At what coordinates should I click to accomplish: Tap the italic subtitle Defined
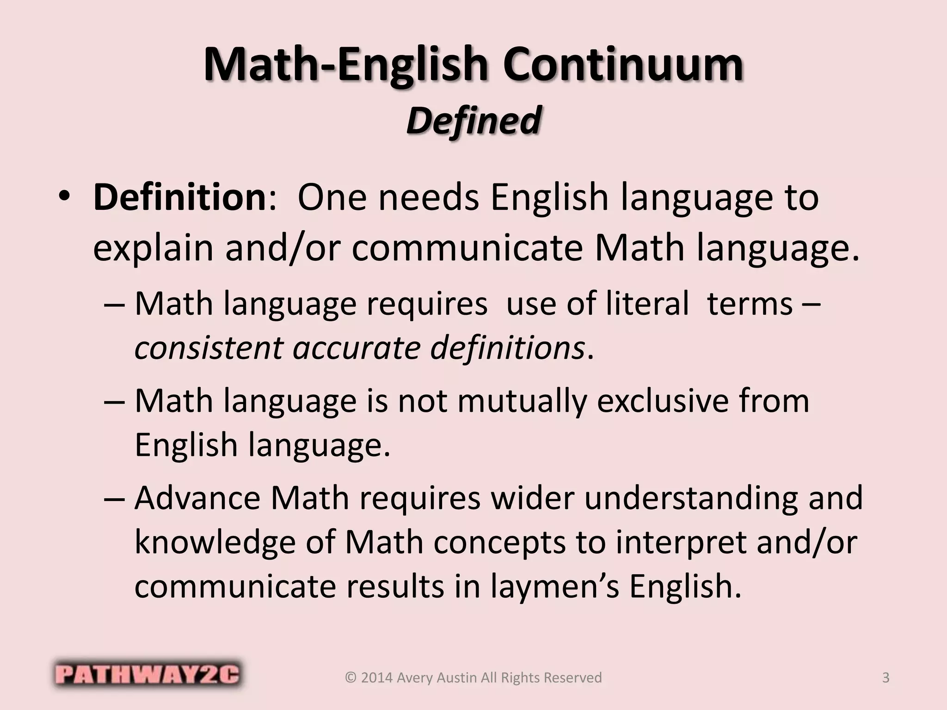click(473, 120)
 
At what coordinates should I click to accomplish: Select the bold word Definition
click(179, 197)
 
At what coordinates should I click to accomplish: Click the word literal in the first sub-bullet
click(627, 304)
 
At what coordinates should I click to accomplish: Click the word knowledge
click(215, 542)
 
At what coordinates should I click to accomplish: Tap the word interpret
click(679, 542)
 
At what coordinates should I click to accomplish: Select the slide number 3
click(886, 678)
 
